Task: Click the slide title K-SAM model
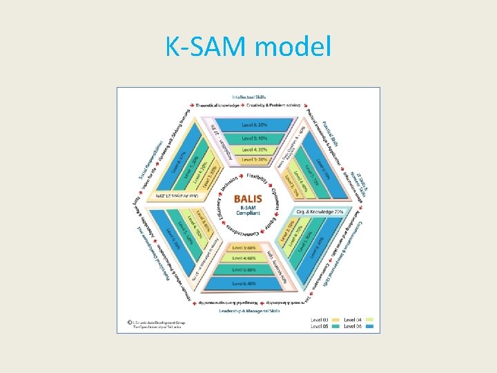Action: tap(248, 47)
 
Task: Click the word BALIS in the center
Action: tap(248, 196)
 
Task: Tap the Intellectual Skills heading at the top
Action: tap(248, 97)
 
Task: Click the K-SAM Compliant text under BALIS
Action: tap(248, 209)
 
